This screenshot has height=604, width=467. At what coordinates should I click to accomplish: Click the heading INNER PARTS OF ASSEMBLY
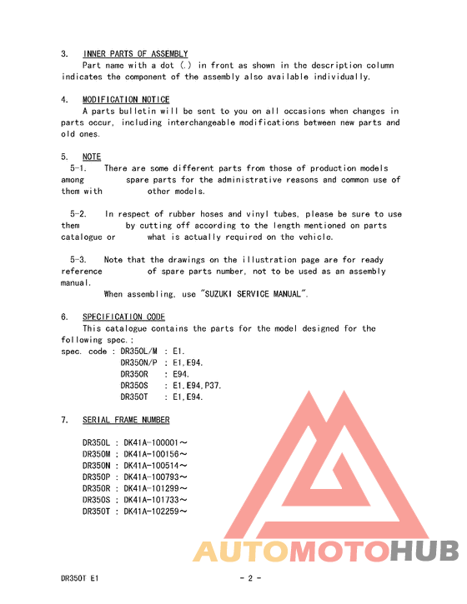coord(135,53)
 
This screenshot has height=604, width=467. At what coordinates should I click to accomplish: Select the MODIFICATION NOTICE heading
coord(126,99)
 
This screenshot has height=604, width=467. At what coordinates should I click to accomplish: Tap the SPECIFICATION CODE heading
coord(123,317)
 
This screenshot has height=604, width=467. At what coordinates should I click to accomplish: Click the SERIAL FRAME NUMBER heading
coord(126,420)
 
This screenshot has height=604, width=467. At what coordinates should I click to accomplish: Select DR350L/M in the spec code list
coord(139,352)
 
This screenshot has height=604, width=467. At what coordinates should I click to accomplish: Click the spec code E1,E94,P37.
coord(197,386)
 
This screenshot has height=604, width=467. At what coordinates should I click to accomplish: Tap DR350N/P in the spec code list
coord(139,363)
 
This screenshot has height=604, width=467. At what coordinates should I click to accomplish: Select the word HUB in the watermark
coord(424,552)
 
